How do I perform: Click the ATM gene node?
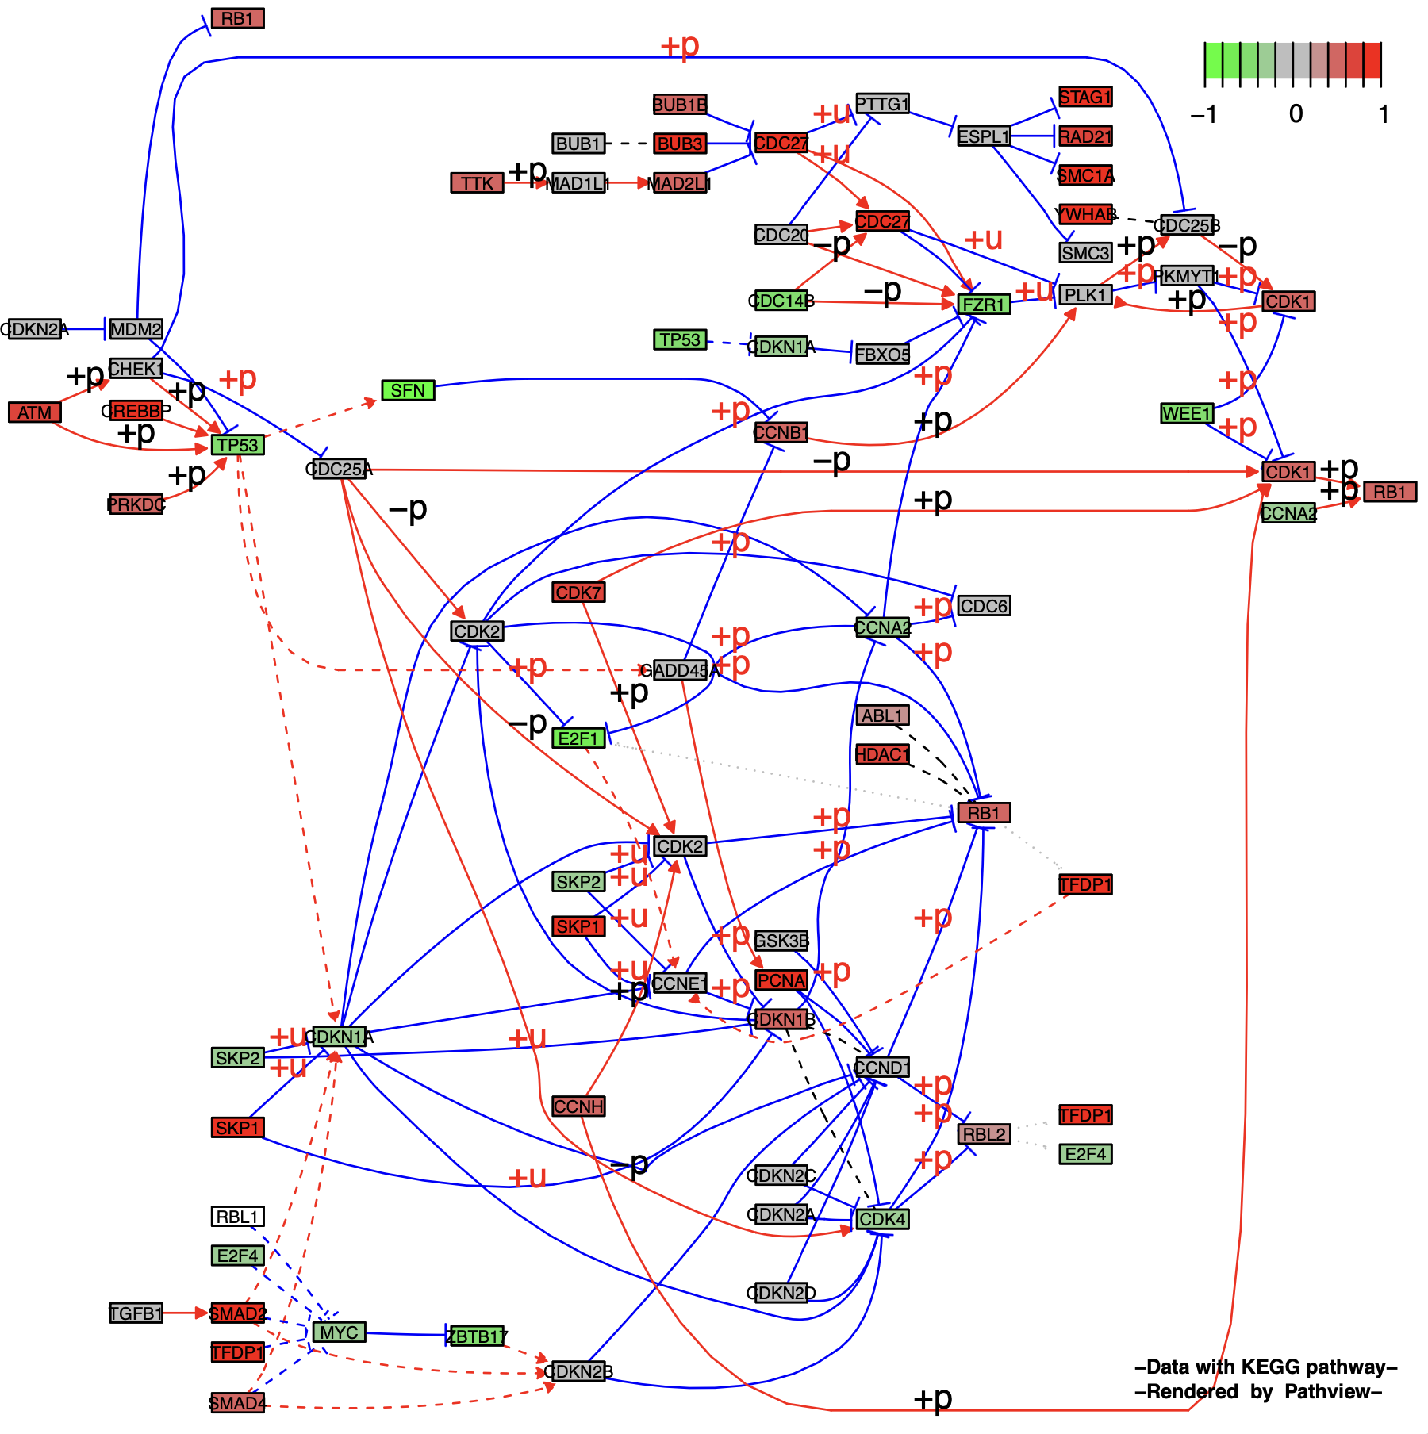[x=34, y=412]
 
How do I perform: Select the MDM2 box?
[x=136, y=329]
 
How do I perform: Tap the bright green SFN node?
[x=408, y=390]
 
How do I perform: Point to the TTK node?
[x=477, y=183]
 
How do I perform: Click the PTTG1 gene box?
[x=882, y=104]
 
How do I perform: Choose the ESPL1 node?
[x=983, y=136]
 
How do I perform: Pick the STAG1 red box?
[x=1085, y=97]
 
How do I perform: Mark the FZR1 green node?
[x=984, y=305]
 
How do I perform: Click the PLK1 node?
[x=1085, y=295]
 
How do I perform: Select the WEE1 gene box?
[x=1187, y=413]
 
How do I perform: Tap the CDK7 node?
[x=578, y=592]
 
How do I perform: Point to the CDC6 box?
[x=984, y=606]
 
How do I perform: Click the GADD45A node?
[x=680, y=670]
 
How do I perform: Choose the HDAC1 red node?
[x=882, y=754]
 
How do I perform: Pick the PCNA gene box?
[x=781, y=980]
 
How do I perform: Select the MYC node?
[x=340, y=1332]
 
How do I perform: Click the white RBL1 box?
[x=238, y=1217]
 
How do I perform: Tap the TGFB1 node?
[x=136, y=1313]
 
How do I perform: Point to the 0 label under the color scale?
[x=1296, y=114]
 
